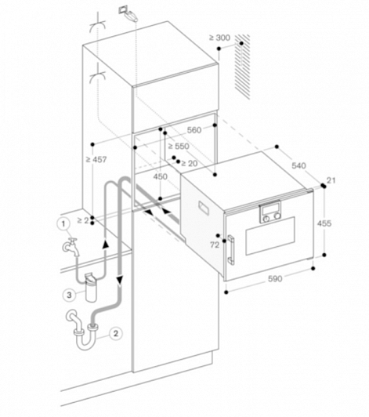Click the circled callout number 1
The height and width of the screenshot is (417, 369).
[x=63, y=224]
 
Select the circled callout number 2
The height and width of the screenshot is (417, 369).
[x=116, y=333]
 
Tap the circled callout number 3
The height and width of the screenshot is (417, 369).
[x=69, y=295]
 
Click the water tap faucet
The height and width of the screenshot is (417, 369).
[x=71, y=247]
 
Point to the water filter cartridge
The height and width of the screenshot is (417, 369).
[x=91, y=287]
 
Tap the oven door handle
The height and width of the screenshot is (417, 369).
[x=230, y=250]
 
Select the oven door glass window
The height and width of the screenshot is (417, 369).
[x=270, y=236]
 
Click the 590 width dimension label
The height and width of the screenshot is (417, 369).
[x=275, y=279]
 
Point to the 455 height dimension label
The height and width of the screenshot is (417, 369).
[x=324, y=223]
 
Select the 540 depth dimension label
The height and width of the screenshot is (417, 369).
[x=298, y=165]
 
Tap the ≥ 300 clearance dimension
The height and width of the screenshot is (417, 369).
[x=219, y=38]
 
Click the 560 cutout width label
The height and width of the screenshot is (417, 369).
[x=194, y=130]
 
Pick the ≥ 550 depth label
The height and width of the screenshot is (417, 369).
[x=179, y=146]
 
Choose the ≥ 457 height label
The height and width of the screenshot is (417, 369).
[x=96, y=160]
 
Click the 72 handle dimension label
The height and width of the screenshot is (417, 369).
[x=215, y=245]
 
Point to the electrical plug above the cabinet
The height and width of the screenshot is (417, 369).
[x=128, y=13]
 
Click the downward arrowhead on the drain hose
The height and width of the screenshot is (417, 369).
[x=120, y=280]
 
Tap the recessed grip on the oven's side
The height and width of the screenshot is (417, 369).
[x=204, y=208]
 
